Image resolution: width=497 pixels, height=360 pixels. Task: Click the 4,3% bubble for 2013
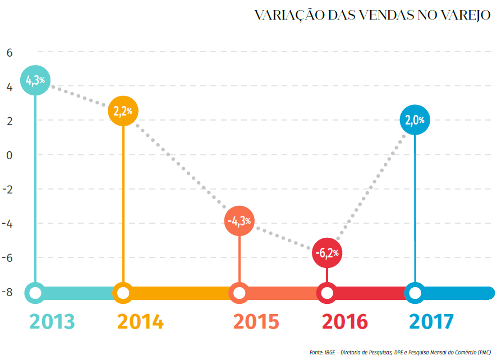point(35,81)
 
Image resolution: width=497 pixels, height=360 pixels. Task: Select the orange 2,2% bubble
point(123,111)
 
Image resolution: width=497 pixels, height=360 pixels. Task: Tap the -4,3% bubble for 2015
point(240,221)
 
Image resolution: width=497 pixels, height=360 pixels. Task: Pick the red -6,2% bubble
point(327,253)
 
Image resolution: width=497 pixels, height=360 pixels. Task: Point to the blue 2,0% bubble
point(415,120)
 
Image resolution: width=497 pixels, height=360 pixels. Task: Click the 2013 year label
point(52,322)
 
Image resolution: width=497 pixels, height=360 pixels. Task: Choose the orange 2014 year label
point(140,322)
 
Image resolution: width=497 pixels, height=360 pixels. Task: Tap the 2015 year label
point(256,322)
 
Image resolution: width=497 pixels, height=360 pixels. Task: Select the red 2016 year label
point(344,322)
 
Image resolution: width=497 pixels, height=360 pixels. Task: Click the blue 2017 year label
point(431,322)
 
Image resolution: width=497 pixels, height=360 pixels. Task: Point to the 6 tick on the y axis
point(9,53)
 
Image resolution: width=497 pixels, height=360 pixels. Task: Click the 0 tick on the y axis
point(9,155)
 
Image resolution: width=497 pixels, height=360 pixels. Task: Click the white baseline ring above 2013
point(35,293)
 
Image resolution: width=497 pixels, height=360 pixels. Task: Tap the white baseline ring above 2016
point(327,293)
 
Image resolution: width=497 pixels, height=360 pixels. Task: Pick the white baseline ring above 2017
point(415,293)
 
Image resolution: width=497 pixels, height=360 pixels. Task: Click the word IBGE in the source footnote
point(329,352)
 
